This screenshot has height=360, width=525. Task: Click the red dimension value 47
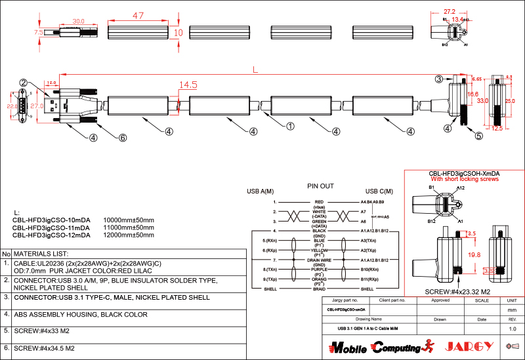pos(138,15)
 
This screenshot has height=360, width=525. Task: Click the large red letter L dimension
pos(255,68)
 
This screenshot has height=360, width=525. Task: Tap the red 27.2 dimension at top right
pos(450,11)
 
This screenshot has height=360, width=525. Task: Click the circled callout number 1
pos(290,125)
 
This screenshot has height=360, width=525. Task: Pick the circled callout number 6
pos(122,138)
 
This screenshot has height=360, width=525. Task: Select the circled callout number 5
pos(478,136)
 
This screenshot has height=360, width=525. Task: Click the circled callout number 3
pos(438,79)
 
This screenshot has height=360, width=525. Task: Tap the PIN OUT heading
pos(320,186)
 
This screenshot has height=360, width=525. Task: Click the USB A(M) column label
pos(260,191)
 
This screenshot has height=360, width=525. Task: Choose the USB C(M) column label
pos(379,191)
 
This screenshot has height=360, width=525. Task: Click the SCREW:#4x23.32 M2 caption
pos(459,291)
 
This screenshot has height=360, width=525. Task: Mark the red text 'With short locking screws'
pos(465,179)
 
